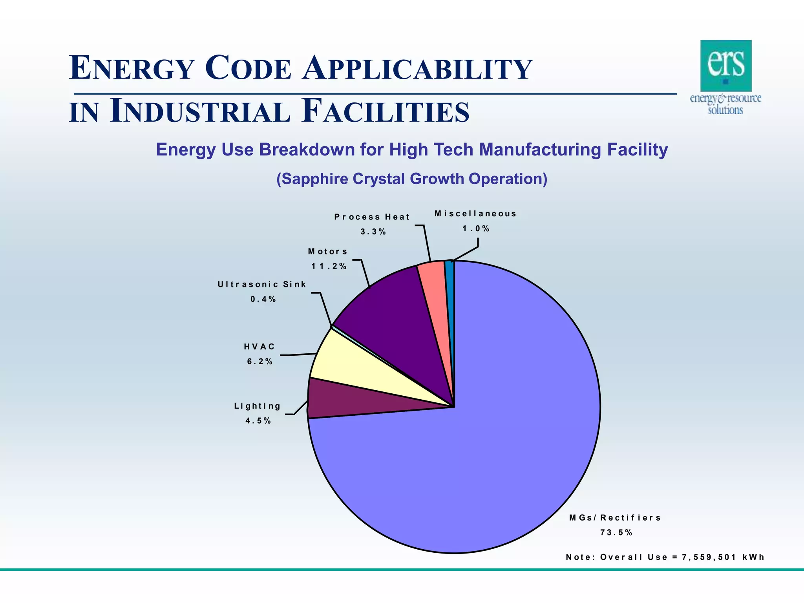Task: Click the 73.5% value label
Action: click(x=616, y=533)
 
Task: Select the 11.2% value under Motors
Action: click(x=329, y=266)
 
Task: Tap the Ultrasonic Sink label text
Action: click(x=262, y=284)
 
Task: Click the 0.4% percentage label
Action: click(x=263, y=299)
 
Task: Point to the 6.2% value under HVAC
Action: click(x=260, y=362)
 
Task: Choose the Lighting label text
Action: click(x=258, y=406)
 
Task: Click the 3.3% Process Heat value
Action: click(x=373, y=232)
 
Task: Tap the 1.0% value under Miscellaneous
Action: click(x=476, y=228)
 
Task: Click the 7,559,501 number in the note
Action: click(x=709, y=557)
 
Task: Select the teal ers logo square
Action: click(x=726, y=66)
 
